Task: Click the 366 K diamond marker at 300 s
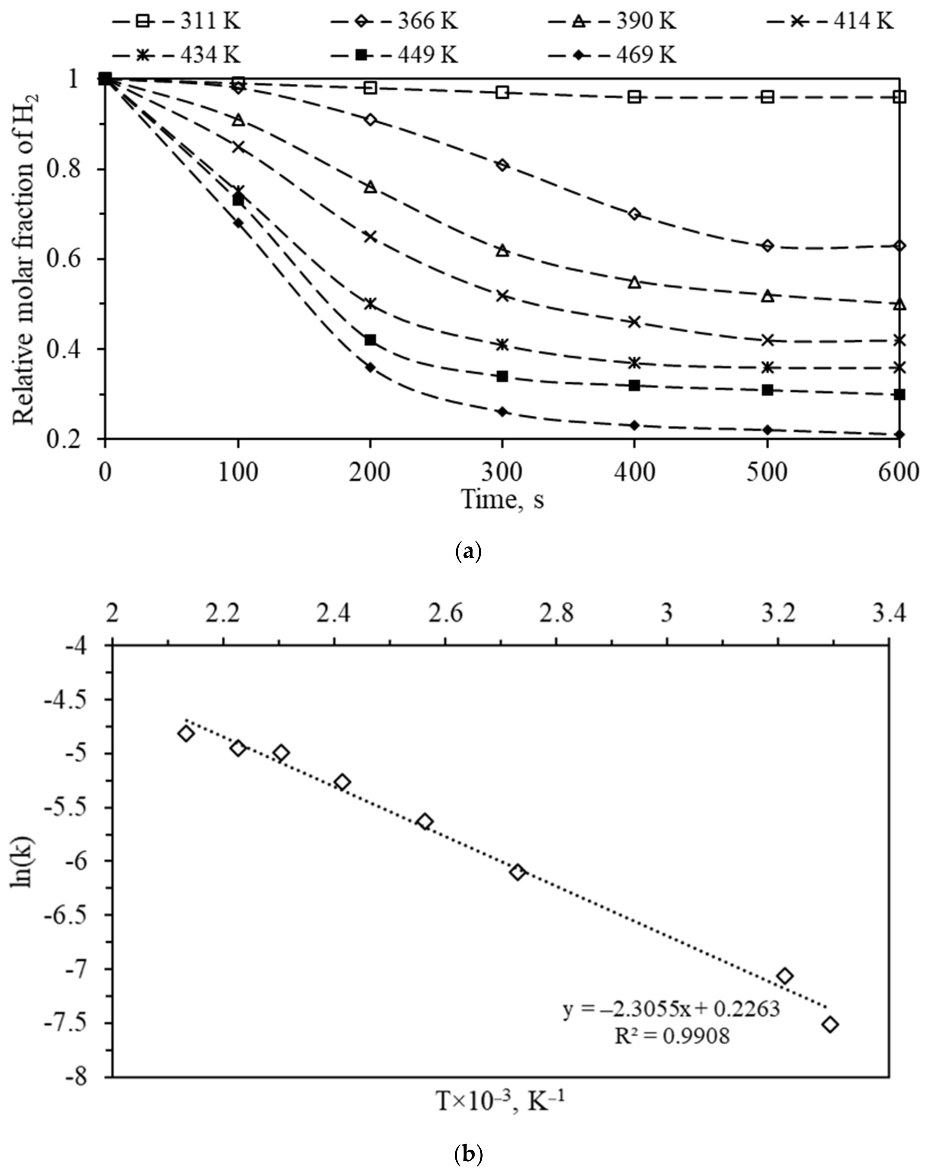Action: [503, 165]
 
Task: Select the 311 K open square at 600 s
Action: [900, 97]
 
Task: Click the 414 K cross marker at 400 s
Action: [635, 322]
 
